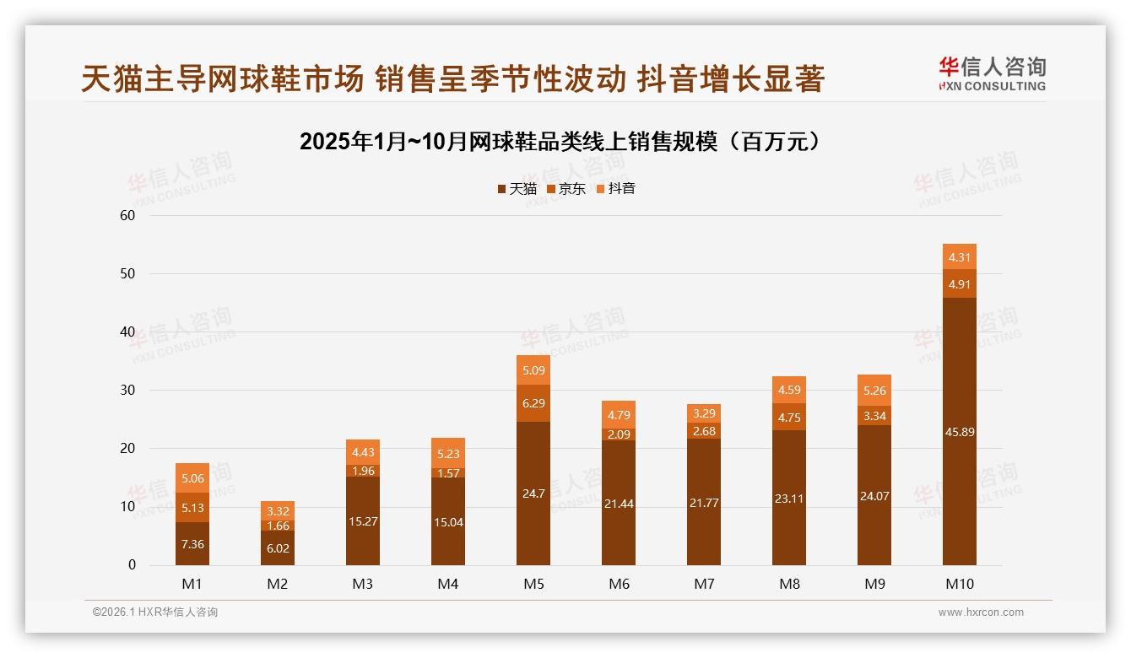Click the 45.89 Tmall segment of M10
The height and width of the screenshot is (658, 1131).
pos(959,431)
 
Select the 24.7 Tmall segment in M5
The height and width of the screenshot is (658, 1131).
pos(533,493)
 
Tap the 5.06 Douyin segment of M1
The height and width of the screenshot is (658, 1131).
pos(192,477)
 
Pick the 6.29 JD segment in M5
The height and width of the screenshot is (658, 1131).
pos(533,403)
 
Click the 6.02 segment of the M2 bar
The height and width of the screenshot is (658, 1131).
pos(278,547)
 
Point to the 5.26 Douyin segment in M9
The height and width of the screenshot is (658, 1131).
pos(874,391)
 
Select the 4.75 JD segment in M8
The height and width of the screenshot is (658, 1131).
pos(788,417)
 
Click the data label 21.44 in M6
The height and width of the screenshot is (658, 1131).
pos(619,504)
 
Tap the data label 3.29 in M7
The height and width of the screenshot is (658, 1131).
pos(704,413)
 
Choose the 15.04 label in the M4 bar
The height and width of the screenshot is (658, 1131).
pos(448,522)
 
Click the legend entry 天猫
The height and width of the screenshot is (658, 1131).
pos(517,189)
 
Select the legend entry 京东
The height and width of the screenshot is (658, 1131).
pos(565,189)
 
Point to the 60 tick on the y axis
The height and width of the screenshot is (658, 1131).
pos(127,215)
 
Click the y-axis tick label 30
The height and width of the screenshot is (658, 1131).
pos(127,390)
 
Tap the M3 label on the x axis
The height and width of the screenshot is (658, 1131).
pos(363,584)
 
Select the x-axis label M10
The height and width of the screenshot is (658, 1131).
pos(959,584)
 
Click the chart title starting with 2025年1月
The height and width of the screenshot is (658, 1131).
pos(560,142)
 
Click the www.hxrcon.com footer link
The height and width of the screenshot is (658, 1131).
pos(981,612)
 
